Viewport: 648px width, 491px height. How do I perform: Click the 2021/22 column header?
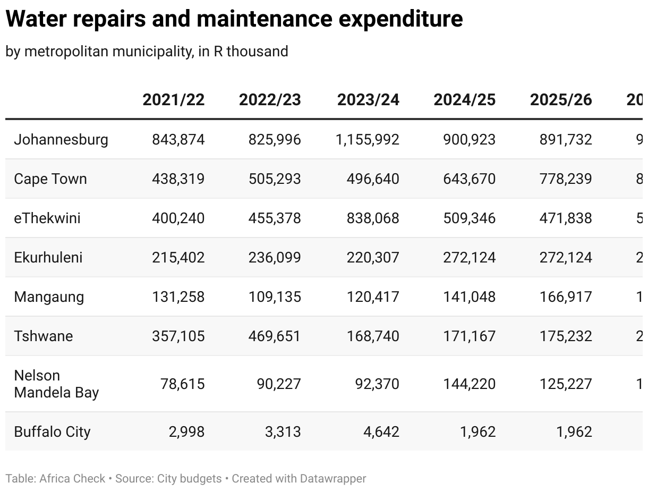(173, 100)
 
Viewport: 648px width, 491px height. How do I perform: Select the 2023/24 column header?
(368, 100)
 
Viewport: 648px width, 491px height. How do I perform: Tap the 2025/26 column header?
(561, 100)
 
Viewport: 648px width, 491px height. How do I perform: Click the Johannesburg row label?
(61, 140)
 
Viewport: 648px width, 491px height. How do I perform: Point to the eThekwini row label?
(47, 218)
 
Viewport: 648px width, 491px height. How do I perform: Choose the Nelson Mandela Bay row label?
(56, 384)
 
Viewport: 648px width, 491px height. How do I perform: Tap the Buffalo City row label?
(52, 431)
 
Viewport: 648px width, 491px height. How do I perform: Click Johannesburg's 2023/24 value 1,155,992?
(368, 140)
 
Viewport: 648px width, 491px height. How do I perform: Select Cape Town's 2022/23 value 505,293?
(275, 179)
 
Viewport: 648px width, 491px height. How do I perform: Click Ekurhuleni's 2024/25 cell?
(470, 258)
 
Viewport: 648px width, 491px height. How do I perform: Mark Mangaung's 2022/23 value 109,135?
(275, 297)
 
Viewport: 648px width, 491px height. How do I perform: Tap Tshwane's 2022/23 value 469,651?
(275, 336)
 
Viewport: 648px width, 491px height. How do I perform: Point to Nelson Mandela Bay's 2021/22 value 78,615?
(183, 384)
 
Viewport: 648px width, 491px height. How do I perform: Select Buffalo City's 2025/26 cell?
(574, 431)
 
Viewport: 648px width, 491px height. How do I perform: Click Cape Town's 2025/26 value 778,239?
(565, 179)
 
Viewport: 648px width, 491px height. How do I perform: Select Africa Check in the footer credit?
(72, 478)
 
